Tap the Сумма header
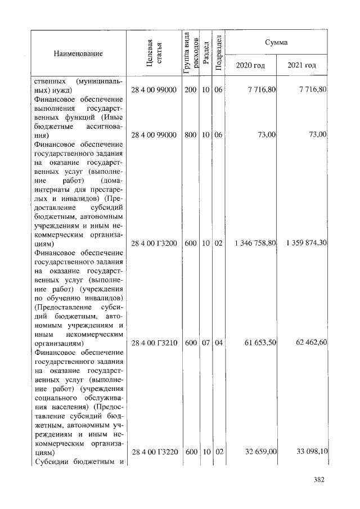[x=277, y=42]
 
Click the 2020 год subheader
[x=251, y=66]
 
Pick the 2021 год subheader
[x=301, y=66]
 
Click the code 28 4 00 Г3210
[x=155, y=342]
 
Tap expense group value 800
[x=190, y=135]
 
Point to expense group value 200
[x=190, y=89]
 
